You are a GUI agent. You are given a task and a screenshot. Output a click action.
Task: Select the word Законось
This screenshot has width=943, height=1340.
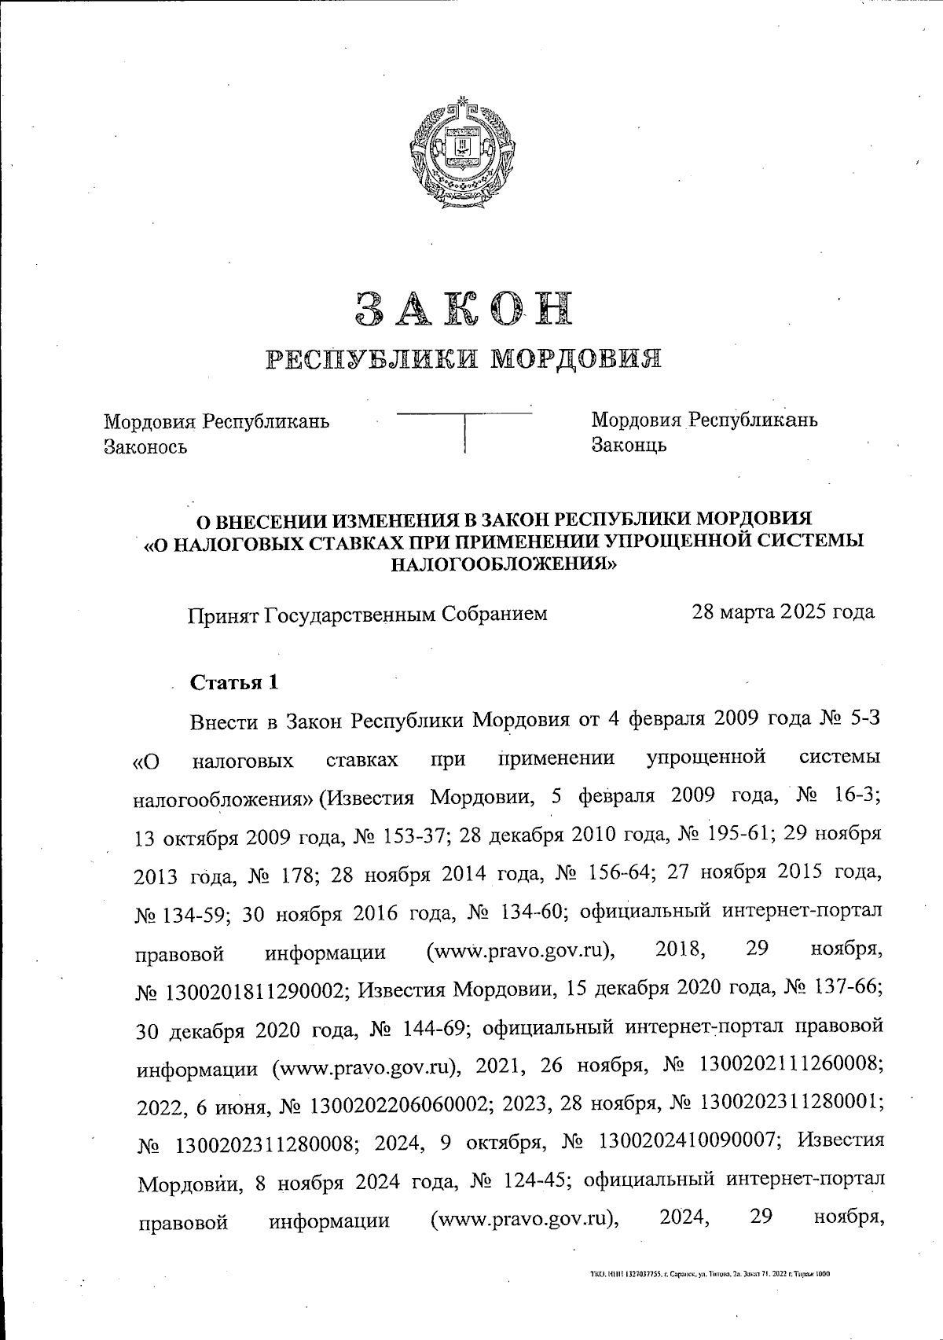tap(145, 447)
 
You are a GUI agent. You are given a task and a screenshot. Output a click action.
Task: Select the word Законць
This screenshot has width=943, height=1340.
tap(629, 445)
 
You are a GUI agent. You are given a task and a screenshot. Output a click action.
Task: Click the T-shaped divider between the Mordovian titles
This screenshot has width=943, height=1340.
tap(465, 428)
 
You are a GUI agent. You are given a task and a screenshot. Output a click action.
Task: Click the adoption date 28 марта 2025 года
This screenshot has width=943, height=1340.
tap(782, 611)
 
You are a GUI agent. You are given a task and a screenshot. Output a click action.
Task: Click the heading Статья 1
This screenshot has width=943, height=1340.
tap(235, 682)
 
